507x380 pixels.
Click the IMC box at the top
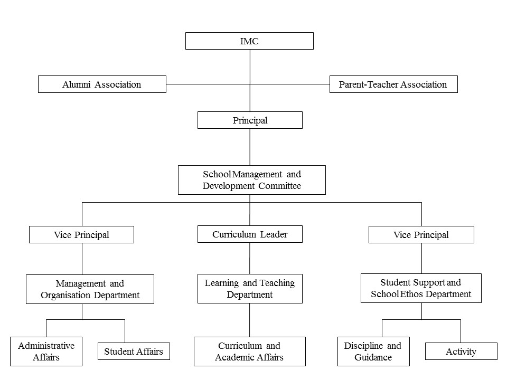[249, 41]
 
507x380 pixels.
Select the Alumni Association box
[102, 84]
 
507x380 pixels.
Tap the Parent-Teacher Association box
[393, 84]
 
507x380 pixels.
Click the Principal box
[250, 120]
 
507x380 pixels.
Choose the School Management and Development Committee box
[252, 180]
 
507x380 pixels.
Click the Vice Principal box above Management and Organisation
[81, 234]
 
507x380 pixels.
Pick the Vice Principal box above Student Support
[421, 234]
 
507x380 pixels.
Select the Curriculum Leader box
[250, 234]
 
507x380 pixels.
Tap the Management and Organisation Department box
[90, 289]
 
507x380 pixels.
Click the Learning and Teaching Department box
[250, 289]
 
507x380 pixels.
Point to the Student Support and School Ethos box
[421, 288]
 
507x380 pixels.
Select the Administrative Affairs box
[46, 351]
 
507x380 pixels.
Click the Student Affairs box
[134, 351]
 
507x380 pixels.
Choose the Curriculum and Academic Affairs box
[250, 351]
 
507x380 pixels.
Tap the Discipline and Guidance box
[373, 351]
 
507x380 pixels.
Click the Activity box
[461, 351]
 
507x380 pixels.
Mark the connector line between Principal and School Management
[250, 147]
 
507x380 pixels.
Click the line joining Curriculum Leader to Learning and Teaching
[250, 259]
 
